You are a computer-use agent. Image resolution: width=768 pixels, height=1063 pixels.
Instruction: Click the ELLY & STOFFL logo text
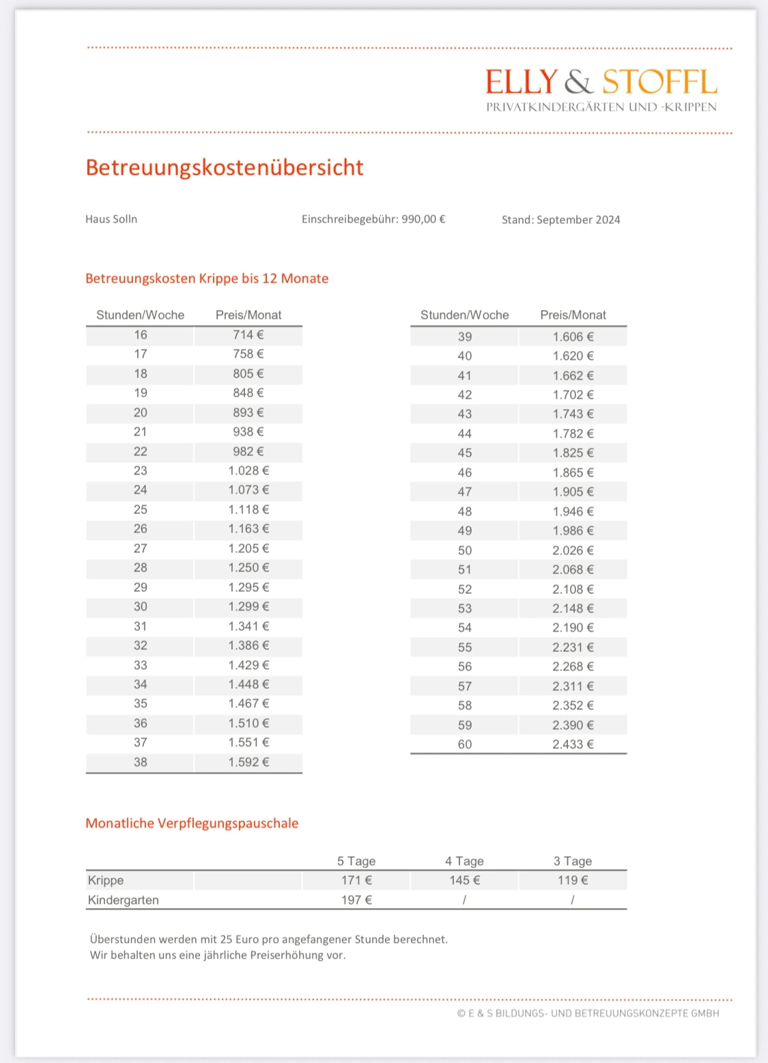[x=601, y=82]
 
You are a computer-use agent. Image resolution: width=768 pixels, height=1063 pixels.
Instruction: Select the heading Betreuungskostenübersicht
[x=225, y=167]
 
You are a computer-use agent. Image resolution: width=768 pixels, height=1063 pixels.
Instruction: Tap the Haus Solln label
[x=111, y=219]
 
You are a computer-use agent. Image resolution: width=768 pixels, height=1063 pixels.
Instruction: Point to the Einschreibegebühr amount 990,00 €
[x=423, y=219]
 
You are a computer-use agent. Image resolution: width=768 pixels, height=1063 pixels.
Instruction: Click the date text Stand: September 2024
[x=560, y=220]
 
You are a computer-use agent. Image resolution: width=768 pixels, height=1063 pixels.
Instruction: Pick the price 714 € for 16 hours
[x=248, y=335]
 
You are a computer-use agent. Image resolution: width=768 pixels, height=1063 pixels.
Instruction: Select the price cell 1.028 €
[x=248, y=470]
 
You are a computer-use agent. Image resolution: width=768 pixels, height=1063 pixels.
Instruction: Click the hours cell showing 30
[x=141, y=606]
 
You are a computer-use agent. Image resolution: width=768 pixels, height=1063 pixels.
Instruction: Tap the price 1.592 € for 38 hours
[x=248, y=762]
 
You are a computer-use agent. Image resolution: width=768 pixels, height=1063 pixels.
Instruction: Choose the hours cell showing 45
[x=465, y=453]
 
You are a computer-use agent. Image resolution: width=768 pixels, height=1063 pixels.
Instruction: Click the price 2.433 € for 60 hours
[x=573, y=744]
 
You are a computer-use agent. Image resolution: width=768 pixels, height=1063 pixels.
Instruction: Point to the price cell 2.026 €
[x=573, y=550]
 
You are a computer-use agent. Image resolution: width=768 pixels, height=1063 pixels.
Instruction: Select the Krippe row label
[x=106, y=880]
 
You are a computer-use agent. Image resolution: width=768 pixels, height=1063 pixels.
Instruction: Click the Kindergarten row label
[x=124, y=900]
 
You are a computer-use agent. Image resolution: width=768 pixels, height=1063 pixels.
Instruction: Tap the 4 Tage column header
[x=464, y=861]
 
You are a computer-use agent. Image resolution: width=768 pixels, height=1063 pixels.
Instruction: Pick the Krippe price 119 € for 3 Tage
[x=573, y=880]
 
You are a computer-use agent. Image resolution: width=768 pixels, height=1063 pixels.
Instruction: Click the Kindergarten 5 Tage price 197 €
[x=356, y=900]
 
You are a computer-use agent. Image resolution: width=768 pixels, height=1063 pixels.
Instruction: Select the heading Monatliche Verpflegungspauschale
[x=192, y=823]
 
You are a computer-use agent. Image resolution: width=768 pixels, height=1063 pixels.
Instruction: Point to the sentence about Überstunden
[x=269, y=939]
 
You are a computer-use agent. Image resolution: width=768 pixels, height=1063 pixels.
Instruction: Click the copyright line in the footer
[x=588, y=1013]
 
